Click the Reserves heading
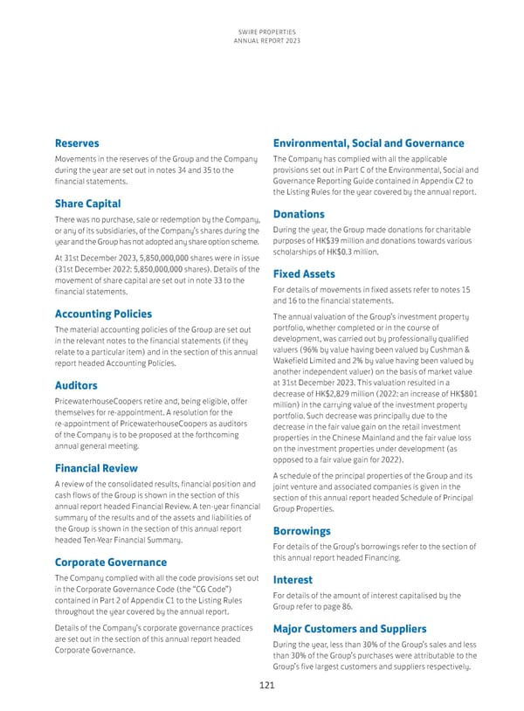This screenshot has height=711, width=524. (x=76, y=143)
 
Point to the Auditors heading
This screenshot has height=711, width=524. (x=77, y=384)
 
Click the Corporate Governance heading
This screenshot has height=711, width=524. (x=111, y=562)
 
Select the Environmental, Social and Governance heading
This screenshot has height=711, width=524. (x=369, y=143)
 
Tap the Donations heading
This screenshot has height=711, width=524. (x=299, y=214)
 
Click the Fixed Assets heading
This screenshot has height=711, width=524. (x=305, y=273)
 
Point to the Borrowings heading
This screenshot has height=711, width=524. (x=301, y=530)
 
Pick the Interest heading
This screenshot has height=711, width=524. (x=293, y=579)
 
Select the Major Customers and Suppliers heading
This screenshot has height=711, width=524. (x=349, y=628)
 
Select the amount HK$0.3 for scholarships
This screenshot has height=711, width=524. (x=346, y=252)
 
